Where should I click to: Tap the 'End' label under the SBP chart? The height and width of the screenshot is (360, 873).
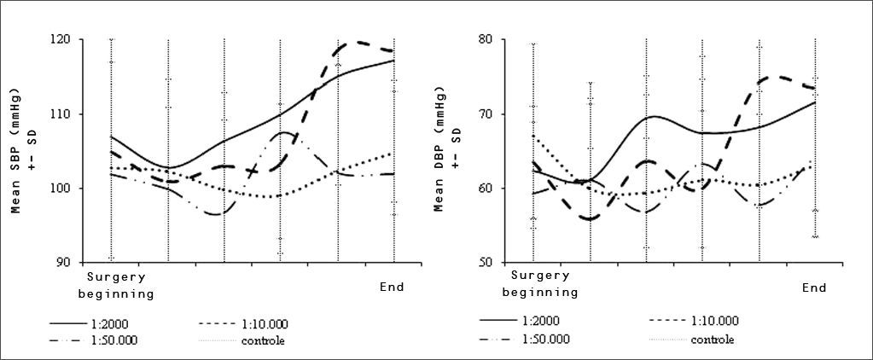[x=392, y=287]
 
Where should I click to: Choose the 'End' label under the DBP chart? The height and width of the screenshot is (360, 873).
[x=814, y=288]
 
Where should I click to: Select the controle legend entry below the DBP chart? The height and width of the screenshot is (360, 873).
[x=712, y=339]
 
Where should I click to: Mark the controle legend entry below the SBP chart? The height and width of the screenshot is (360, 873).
[x=260, y=341]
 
